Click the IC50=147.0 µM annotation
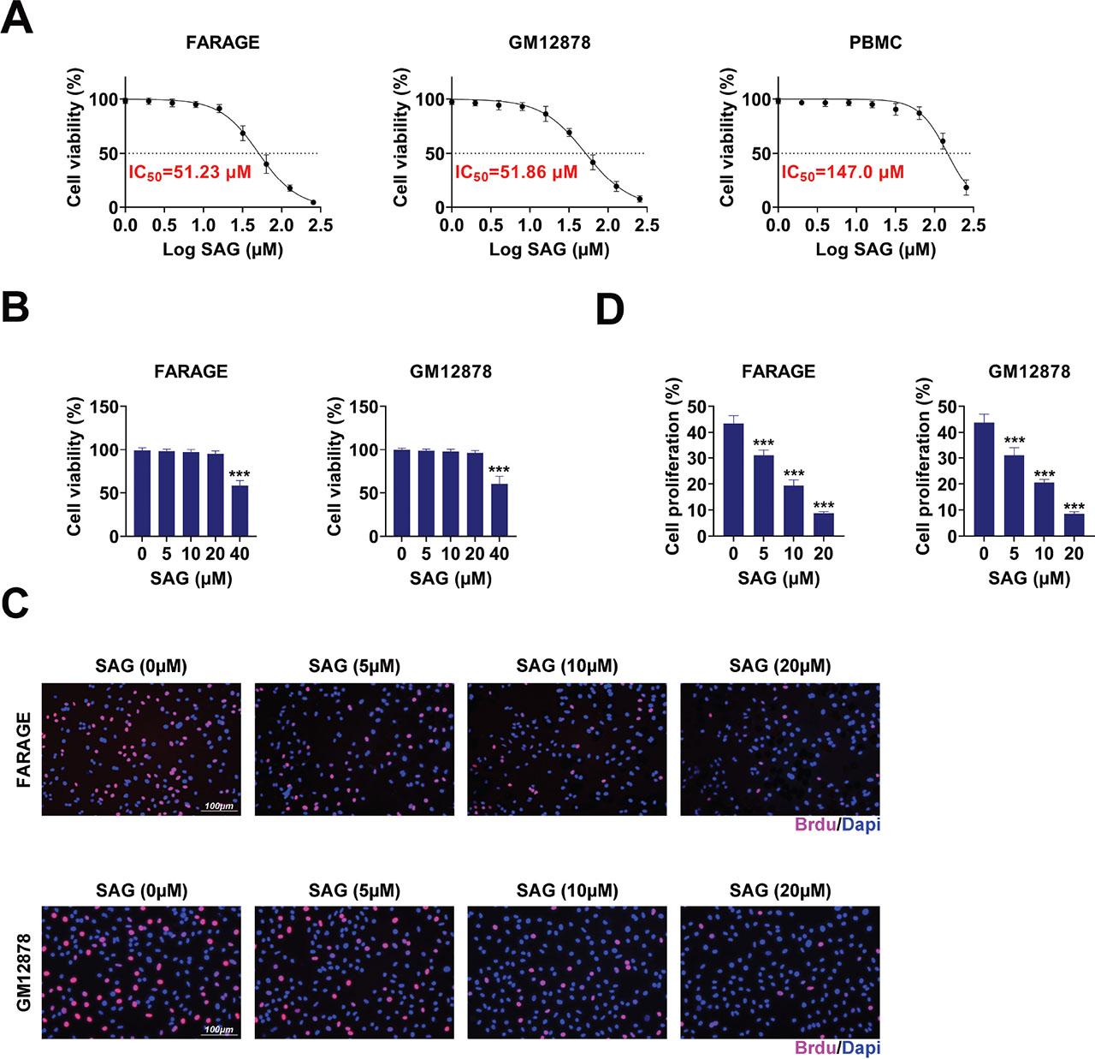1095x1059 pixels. (x=842, y=172)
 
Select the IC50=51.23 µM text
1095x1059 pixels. (x=189, y=172)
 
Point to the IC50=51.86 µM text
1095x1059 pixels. (x=516, y=172)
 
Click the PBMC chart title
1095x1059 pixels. (x=876, y=42)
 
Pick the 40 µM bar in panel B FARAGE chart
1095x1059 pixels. (x=240, y=510)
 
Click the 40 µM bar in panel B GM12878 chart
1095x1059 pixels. (x=499, y=510)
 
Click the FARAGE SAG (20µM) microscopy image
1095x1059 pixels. (x=779, y=749)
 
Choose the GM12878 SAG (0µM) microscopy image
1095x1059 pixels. (x=141, y=973)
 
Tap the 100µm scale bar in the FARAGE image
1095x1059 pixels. (x=220, y=809)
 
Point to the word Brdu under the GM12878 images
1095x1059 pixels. (x=814, y=1047)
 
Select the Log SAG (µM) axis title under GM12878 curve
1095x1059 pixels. (x=549, y=250)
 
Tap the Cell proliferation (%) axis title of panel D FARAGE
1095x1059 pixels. (x=672, y=470)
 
